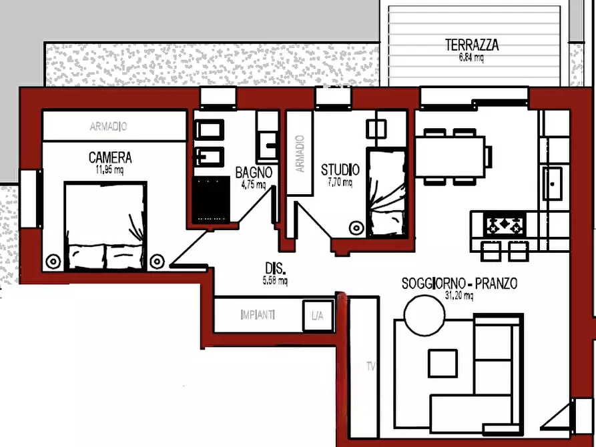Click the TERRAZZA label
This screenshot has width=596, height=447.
coord(472,45)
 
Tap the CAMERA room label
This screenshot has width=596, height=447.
coord(110,157)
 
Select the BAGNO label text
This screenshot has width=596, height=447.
coord(254,173)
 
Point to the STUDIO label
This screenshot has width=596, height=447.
coord(340,170)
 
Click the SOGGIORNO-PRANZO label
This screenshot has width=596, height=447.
coord(459,284)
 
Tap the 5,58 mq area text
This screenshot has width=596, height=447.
coord(275,281)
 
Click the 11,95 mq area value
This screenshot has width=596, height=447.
coord(109,170)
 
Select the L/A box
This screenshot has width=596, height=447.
coord(318,316)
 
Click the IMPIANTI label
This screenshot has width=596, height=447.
coord(258,315)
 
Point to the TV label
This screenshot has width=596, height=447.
coord(371,366)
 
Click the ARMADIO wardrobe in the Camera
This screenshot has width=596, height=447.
coord(114,126)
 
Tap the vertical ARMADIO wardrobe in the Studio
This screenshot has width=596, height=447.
coord(300,153)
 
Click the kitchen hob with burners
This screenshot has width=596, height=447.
coord(505,224)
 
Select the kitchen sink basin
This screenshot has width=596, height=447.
coord(553,183)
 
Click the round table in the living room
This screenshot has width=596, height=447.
coord(424,316)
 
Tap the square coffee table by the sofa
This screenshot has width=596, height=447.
coord(442,364)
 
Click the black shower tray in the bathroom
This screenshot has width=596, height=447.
coord(211,199)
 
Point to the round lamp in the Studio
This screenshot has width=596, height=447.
coord(356,228)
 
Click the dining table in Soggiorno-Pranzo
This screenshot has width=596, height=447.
coord(450,157)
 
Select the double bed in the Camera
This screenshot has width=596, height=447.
coord(105,226)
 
